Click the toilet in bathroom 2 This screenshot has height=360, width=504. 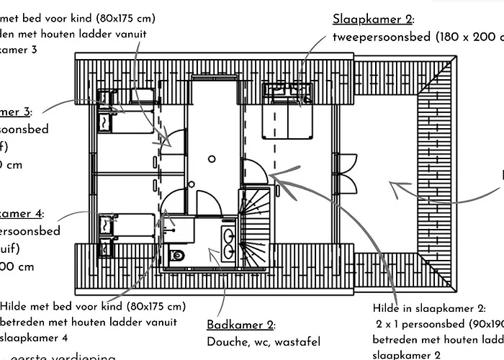click(x=176, y=255)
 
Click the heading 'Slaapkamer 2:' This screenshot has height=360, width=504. click(x=373, y=19)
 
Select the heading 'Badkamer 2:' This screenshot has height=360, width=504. click(x=241, y=325)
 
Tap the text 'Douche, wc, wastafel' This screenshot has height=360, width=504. click(x=264, y=342)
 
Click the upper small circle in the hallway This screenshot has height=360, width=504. click(x=212, y=158)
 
